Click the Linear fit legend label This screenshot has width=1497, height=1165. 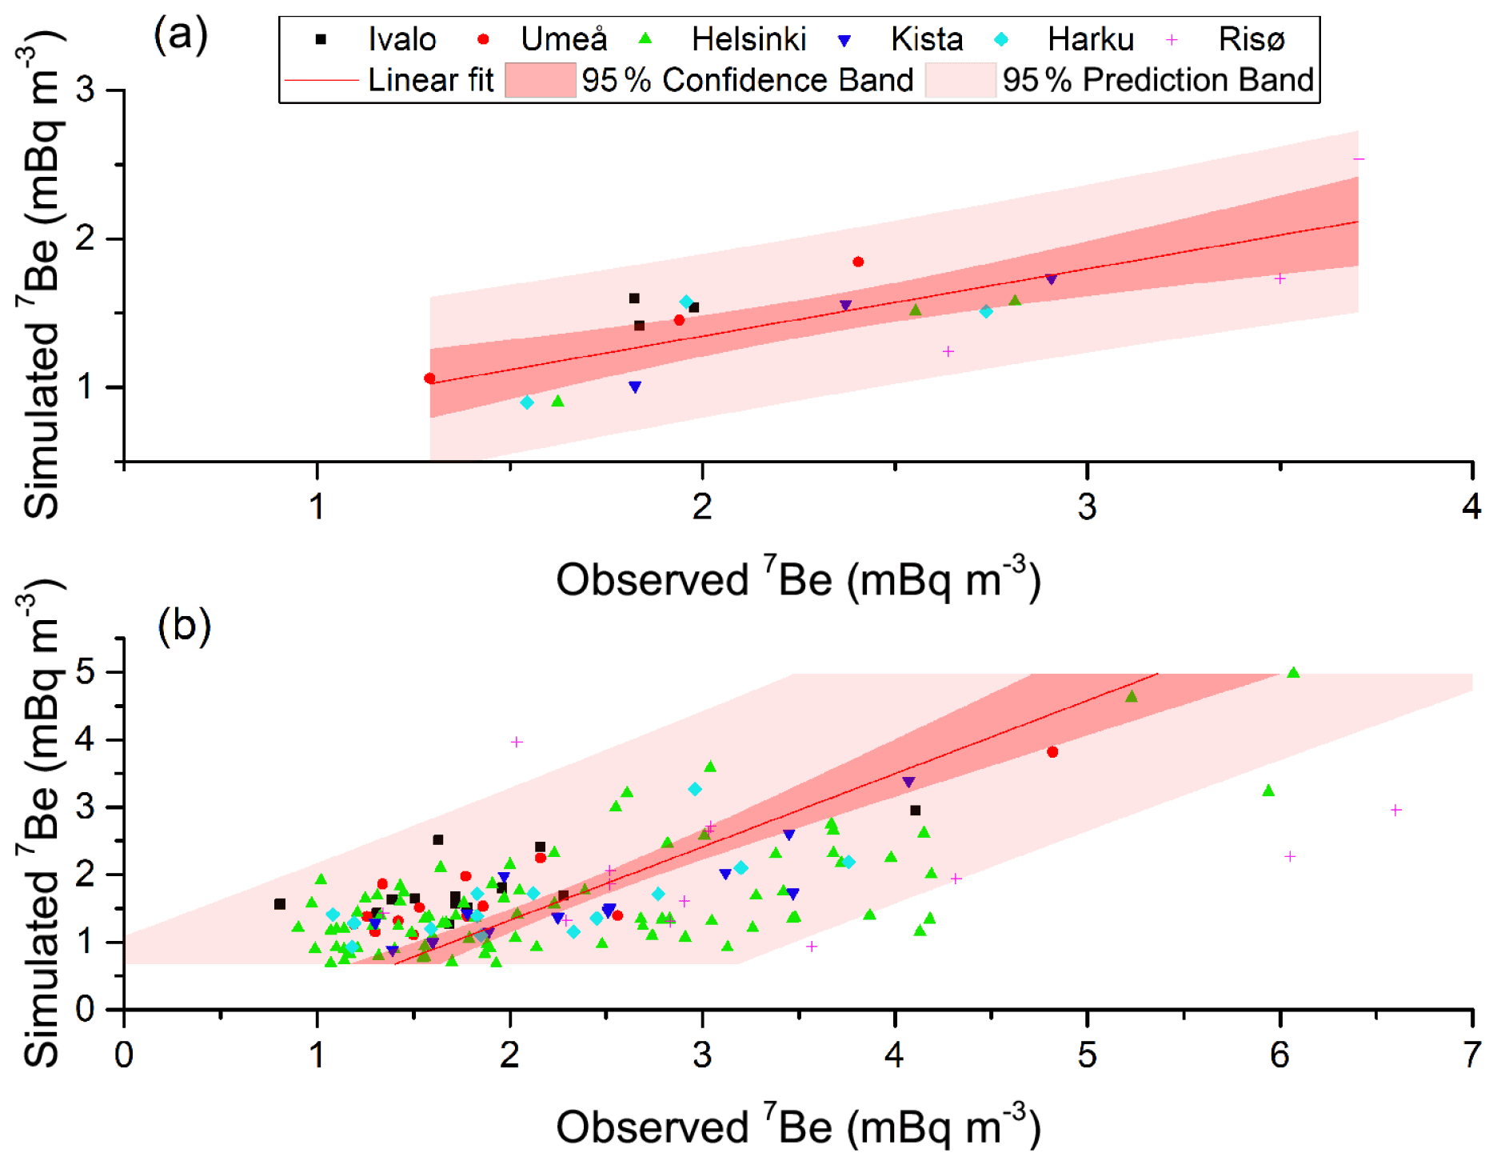coord(430,80)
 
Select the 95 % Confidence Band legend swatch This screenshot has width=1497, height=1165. coord(541,80)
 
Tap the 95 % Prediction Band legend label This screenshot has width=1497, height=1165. coord(1158,80)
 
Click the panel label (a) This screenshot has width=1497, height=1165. coord(181,35)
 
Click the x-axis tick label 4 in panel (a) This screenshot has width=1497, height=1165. coord(1471,506)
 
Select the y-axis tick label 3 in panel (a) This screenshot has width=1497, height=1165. coord(86,90)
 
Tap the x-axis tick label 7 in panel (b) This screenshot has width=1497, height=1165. coord(1471,1055)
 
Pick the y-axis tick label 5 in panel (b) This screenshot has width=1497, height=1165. coord(86,672)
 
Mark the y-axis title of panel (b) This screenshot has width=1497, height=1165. coord(40,824)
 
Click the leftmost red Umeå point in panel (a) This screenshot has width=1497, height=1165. coord(430,378)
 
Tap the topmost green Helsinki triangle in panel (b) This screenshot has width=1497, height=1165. coord(1293,673)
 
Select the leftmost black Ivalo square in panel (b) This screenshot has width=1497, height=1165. coord(280,904)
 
